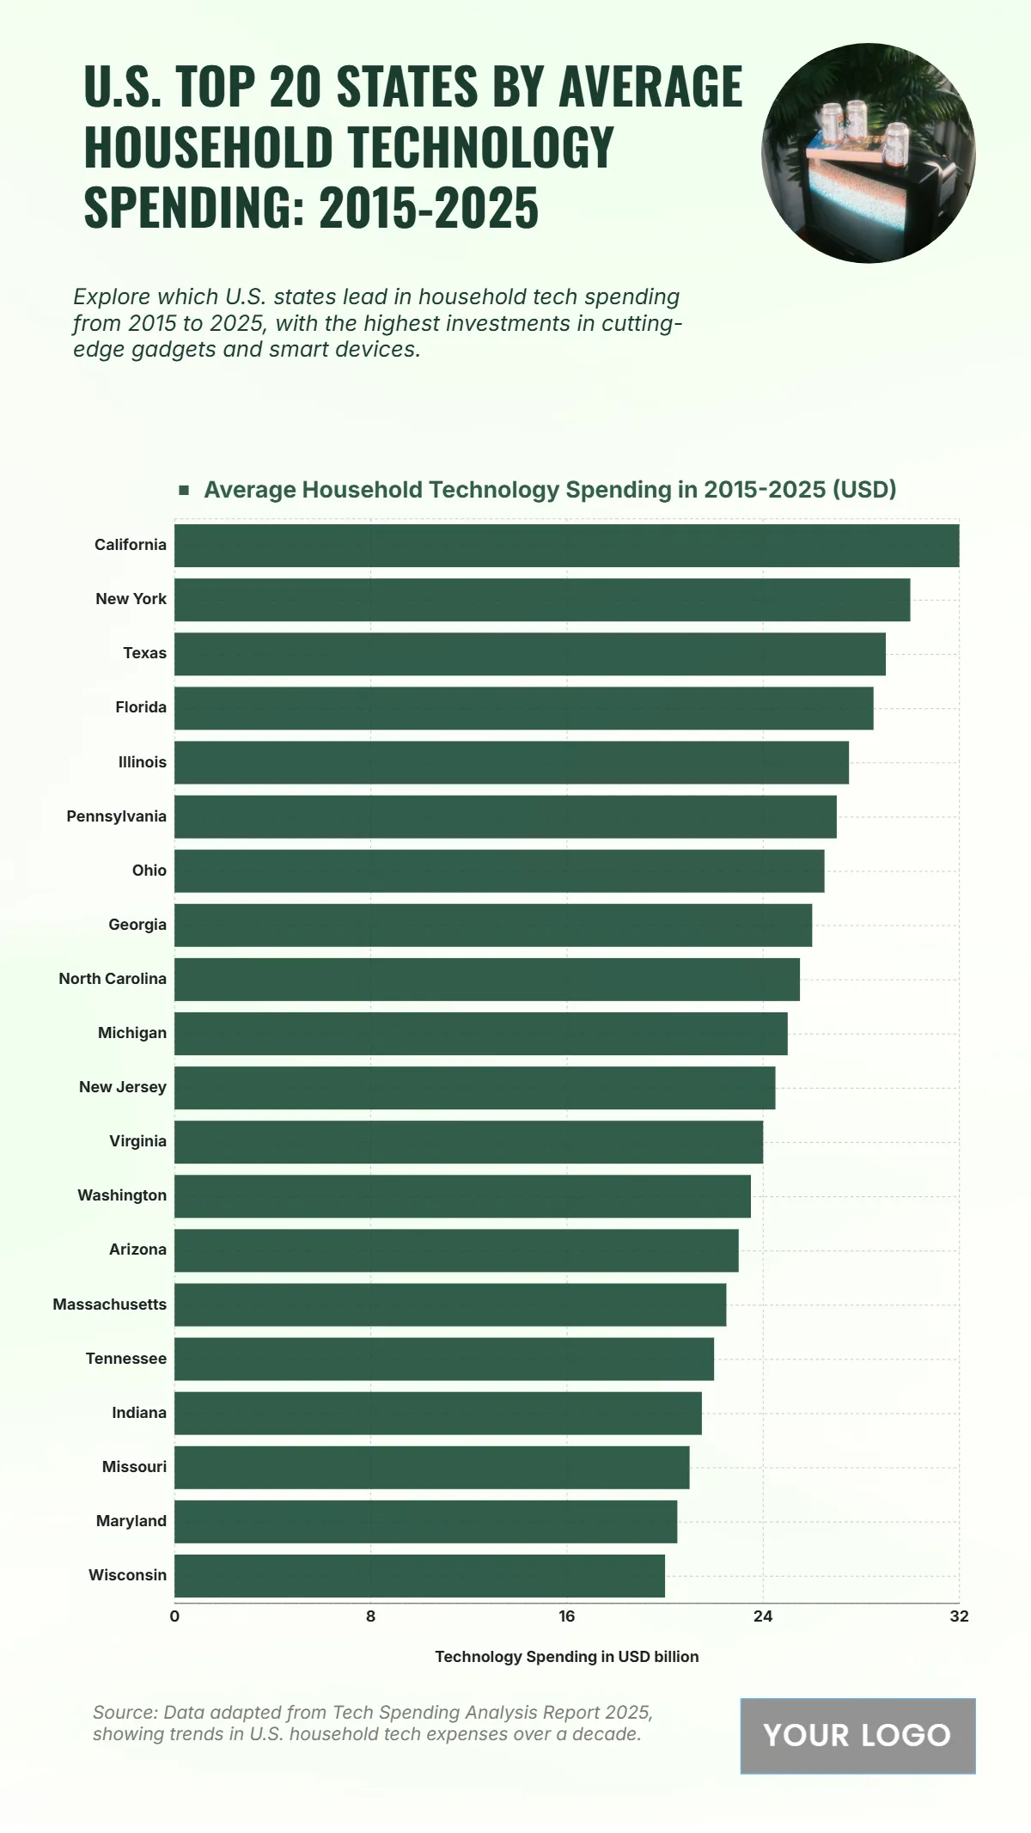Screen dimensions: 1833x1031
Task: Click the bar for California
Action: (567, 546)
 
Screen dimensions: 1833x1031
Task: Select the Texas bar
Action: (530, 654)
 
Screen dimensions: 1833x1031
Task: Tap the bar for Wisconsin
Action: (419, 1575)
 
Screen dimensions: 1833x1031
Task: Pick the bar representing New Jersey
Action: (474, 1088)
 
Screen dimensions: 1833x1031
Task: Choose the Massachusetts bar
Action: (450, 1304)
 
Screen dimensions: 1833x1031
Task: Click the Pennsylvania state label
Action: (117, 816)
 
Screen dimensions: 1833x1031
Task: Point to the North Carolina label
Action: (113, 979)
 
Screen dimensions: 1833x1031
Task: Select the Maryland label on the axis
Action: (131, 1521)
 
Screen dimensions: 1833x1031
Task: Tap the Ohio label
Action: (149, 871)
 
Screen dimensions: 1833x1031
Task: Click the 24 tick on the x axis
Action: (763, 1616)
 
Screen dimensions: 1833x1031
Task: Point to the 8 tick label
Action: (370, 1616)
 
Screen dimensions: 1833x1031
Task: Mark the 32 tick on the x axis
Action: (959, 1616)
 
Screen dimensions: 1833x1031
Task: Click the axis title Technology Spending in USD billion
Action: (567, 1657)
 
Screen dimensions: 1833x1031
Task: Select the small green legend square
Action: (184, 490)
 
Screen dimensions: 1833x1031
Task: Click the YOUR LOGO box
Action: (857, 1735)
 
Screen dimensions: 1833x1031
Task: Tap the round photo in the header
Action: (869, 153)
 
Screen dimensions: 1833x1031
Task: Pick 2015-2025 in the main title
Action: (429, 208)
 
